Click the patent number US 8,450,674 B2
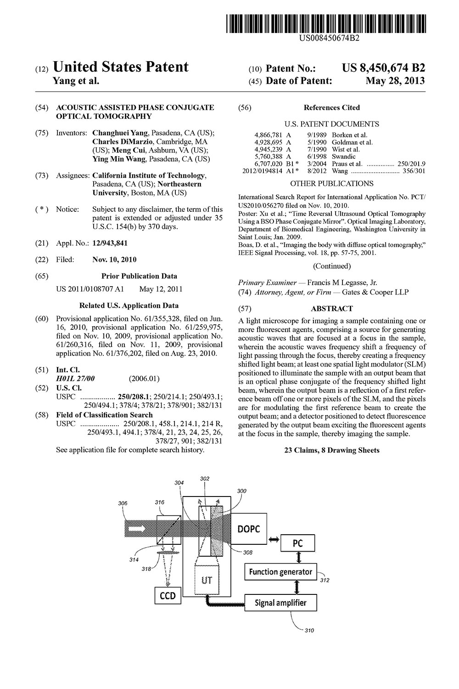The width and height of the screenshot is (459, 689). point(383,68)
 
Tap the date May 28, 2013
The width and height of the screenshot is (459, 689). point(395,81)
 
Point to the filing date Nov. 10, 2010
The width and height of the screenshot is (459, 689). point(114,260)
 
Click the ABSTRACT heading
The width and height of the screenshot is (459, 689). point(331,309)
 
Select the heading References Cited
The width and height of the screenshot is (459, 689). point(331,107)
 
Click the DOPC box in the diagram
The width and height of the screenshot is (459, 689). point(248,529)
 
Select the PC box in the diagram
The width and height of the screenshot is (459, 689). point(298,543)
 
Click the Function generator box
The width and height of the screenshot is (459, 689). point(280,572)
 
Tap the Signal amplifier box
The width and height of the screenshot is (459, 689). point(280,602)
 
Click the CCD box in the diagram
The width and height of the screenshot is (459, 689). point(167,596)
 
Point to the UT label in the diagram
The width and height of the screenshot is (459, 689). point(207,580)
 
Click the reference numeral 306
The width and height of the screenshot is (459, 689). point(122,503)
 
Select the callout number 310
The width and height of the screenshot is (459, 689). point(309,630)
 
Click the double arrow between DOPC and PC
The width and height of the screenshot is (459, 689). point(274,539)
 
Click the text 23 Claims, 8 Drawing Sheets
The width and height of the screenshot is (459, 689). point(331,450)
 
